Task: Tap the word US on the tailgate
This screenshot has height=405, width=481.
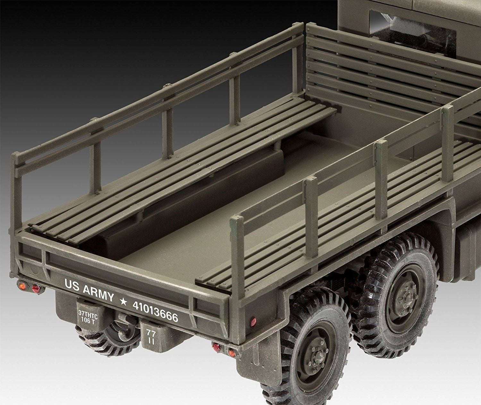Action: point(72,285)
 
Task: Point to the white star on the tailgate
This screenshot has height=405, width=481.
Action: point(123,301)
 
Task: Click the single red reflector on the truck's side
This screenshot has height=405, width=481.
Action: point(253,321)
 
